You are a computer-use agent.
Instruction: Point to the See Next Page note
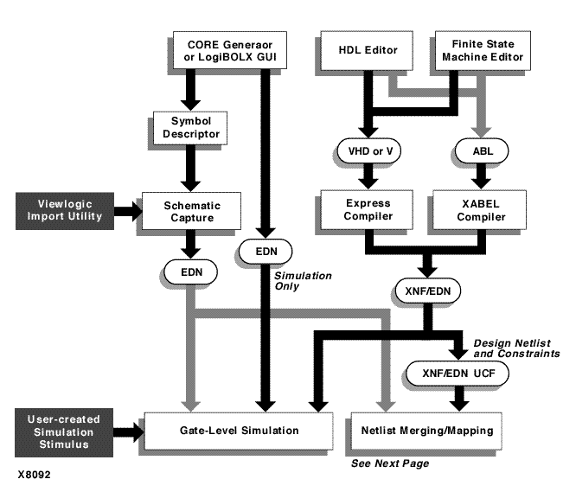click(x=390, y=464)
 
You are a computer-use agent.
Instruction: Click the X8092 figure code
click(x=32, y=474)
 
